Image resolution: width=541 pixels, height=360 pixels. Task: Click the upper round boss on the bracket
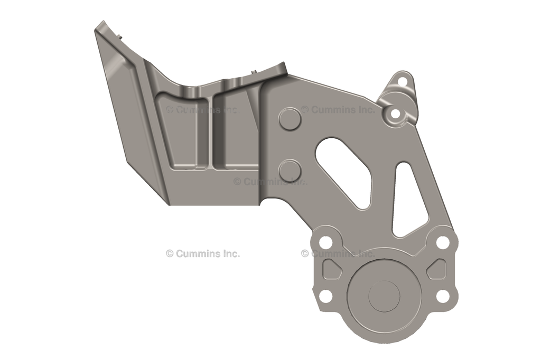tap(290, 119)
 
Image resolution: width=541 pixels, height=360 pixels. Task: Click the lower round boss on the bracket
tap(290, 170)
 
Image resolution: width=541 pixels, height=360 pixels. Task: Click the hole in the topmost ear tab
tap(402, 82)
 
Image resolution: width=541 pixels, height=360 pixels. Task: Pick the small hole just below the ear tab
tap(395, 113)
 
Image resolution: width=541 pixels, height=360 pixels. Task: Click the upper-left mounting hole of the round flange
tap(326, 242)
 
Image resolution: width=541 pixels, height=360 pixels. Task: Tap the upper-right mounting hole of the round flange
tap(443, 242)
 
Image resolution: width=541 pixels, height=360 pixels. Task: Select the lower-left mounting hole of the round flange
tap(326, 296)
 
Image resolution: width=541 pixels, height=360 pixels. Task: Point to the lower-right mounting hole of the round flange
tap(443, 296)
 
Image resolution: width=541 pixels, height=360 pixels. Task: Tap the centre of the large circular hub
tap(384, 296)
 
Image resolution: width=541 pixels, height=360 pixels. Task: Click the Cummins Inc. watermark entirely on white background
tap(203, 253)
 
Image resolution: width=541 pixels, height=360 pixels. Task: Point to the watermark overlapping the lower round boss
tap(270, 181)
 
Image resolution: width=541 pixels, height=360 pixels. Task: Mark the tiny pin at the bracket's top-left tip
tap(121, 36)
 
